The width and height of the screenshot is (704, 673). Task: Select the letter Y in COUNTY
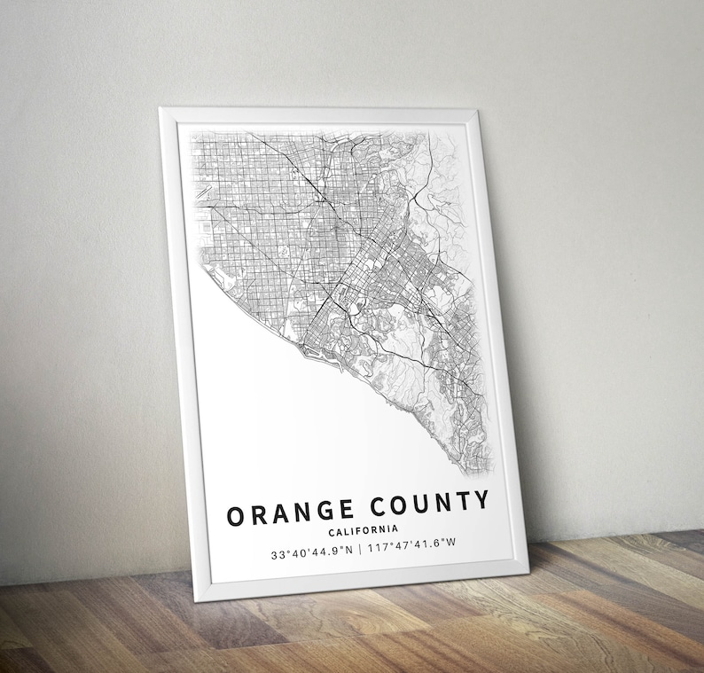[x=480, y=502]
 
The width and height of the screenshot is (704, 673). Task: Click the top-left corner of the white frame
[x=160, y=109]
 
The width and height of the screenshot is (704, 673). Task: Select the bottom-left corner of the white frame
[x=197, y=600]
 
